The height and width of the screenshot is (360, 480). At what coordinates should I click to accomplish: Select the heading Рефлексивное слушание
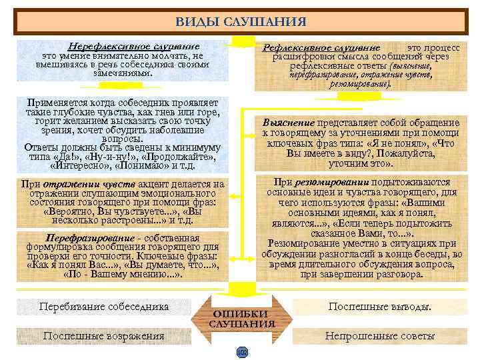tap(321, 49)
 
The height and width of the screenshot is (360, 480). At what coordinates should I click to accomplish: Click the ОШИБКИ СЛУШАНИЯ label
tap(242, 319)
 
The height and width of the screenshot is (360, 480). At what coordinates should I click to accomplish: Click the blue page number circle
tap(241, 351)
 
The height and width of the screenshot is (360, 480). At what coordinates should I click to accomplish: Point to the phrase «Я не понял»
tap(389, 143)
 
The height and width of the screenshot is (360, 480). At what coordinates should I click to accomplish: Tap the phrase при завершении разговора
tap(361, 273)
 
